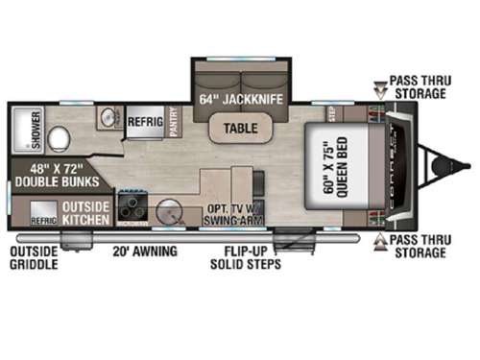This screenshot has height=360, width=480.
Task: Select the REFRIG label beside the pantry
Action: pyautogui.click(x=143, y=124)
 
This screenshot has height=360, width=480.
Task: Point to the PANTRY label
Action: pyautogui.click(x=175, y=124)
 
